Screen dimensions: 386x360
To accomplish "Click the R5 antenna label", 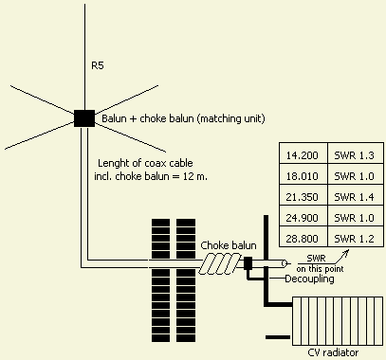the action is click(98, 65).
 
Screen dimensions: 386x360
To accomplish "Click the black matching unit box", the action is click(84, 118).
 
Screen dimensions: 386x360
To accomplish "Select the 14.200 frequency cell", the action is click(303, 153).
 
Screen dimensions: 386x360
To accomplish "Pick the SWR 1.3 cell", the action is click(356, 153).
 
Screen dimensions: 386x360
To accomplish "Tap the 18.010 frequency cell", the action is click(303, 174).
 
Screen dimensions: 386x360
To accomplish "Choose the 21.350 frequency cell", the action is click(303, 195).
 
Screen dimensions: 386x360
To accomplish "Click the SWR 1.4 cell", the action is click(356, 195).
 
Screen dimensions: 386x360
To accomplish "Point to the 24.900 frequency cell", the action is click(303, 216).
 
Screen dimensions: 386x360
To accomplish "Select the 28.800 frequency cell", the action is click(303, 237).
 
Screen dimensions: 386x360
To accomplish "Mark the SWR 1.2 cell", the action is click(356, 237).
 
